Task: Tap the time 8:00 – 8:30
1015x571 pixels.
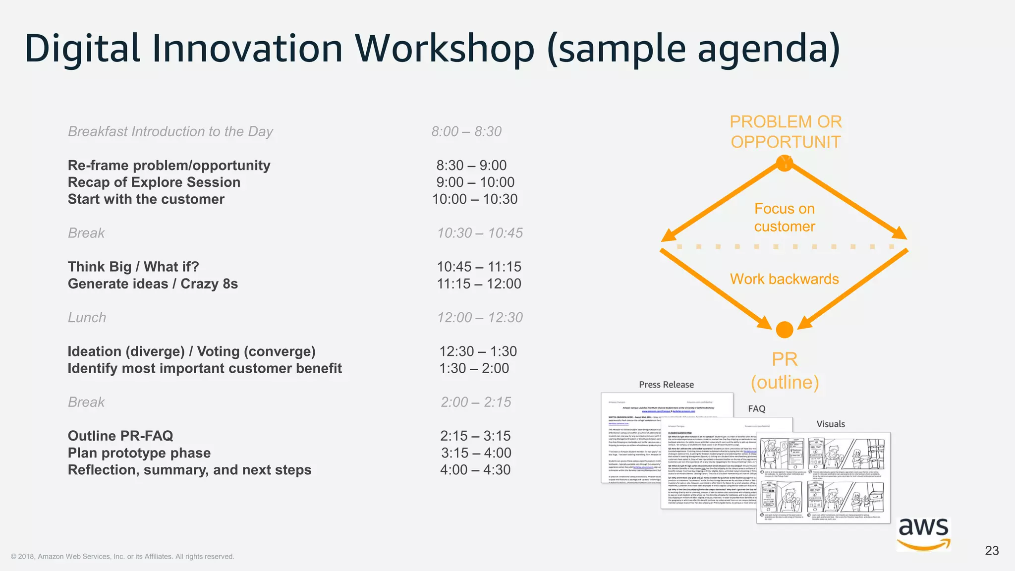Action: (x=466, y=131)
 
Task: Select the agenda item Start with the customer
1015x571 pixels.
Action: (x=146, y=199)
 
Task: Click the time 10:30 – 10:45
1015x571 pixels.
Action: (x=480, y=233)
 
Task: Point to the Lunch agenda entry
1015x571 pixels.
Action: (x=87, y=318)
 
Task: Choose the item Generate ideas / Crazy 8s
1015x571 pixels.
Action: (x=153, y=284)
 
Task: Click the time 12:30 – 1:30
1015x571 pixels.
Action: (x=478, y=351)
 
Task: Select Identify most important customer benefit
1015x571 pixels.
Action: (x=205, y=368)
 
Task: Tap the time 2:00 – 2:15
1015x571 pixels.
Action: (x=476, y=402)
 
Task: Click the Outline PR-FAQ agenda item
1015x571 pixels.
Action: (x=120, y=436)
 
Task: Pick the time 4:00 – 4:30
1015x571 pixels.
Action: (x=475, y=470)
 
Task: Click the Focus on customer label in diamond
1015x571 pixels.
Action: (x=785, y=218)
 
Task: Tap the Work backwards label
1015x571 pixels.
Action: (x=784, y=279)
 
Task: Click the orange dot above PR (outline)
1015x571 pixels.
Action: (x=785, y=330)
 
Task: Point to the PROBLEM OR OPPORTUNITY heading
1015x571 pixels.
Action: (x=786, y=132)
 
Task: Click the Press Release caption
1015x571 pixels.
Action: (x=666, y=385)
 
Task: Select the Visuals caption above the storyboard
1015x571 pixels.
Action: (x=831, y=424)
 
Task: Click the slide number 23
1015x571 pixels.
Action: (x=992, y=551)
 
